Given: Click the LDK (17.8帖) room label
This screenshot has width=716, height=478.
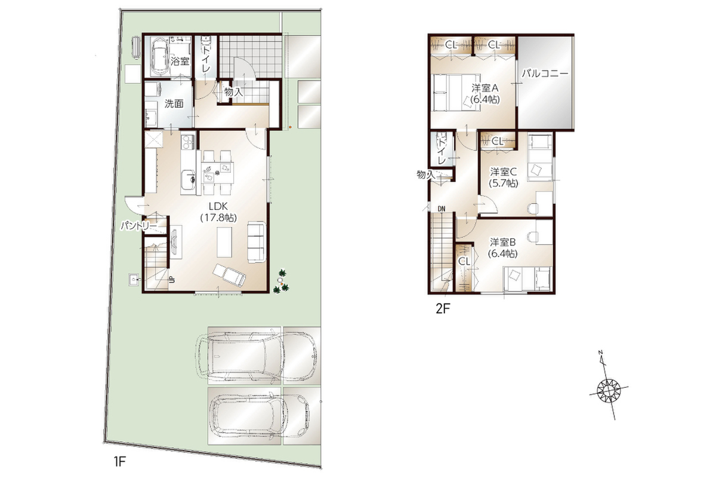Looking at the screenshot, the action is click(x=218, y=212).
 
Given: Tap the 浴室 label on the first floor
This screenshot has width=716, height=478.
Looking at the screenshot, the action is click(x=180, y=61).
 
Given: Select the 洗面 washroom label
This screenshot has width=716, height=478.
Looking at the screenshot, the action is click(x=174, y=104).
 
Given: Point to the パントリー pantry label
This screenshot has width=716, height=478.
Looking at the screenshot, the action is click(x=138, y=226).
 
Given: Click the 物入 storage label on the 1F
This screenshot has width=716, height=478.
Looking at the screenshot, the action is click(x=234, y=92).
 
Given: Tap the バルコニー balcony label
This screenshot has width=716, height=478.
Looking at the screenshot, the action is click(x=545, y=74).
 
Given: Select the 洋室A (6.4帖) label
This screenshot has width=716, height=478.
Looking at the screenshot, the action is click(x=485, y=93).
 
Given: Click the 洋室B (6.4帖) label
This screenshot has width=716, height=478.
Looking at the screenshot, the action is click(x=503, y=248).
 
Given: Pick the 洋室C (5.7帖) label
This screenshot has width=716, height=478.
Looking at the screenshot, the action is click(x=504, y=177).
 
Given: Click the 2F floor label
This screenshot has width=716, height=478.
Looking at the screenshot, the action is click(x=443, y=308).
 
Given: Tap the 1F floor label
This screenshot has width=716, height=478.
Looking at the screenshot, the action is click(x=119, y=461).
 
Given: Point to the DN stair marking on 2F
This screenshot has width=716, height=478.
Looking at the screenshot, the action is click(x=442, y=209).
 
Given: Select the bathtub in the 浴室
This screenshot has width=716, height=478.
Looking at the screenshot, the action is click(x=159, y=57).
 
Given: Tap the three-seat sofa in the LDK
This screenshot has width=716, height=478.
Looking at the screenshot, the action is click(x=257, y=242).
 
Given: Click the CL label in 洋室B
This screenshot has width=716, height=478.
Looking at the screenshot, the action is click(x=464, y=262).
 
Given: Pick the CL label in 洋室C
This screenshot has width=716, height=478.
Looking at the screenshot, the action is click(x=498, y=141).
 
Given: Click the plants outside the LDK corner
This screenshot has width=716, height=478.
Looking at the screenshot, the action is click(x=282, y=282).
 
